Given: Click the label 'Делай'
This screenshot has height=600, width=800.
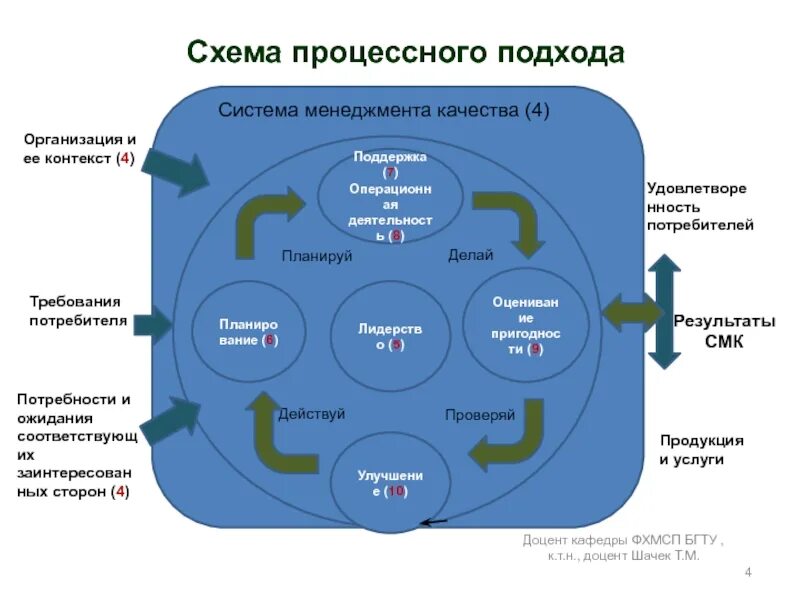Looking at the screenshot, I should click(470, 255).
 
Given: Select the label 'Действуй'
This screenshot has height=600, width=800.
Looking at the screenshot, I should click(311, 413).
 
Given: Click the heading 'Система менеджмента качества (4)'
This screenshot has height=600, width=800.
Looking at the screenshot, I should click(384, 110).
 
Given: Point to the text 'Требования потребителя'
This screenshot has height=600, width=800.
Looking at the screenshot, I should click(74, 310).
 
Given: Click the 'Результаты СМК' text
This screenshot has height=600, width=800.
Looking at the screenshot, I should click(724, 331).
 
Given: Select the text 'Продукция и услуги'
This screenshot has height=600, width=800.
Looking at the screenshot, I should click(701, 450).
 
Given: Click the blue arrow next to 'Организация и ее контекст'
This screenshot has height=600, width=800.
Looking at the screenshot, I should click(177, 167).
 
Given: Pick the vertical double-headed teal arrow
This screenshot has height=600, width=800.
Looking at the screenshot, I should click(663, 312).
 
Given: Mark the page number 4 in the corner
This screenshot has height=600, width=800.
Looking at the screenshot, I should click(747, 571).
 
